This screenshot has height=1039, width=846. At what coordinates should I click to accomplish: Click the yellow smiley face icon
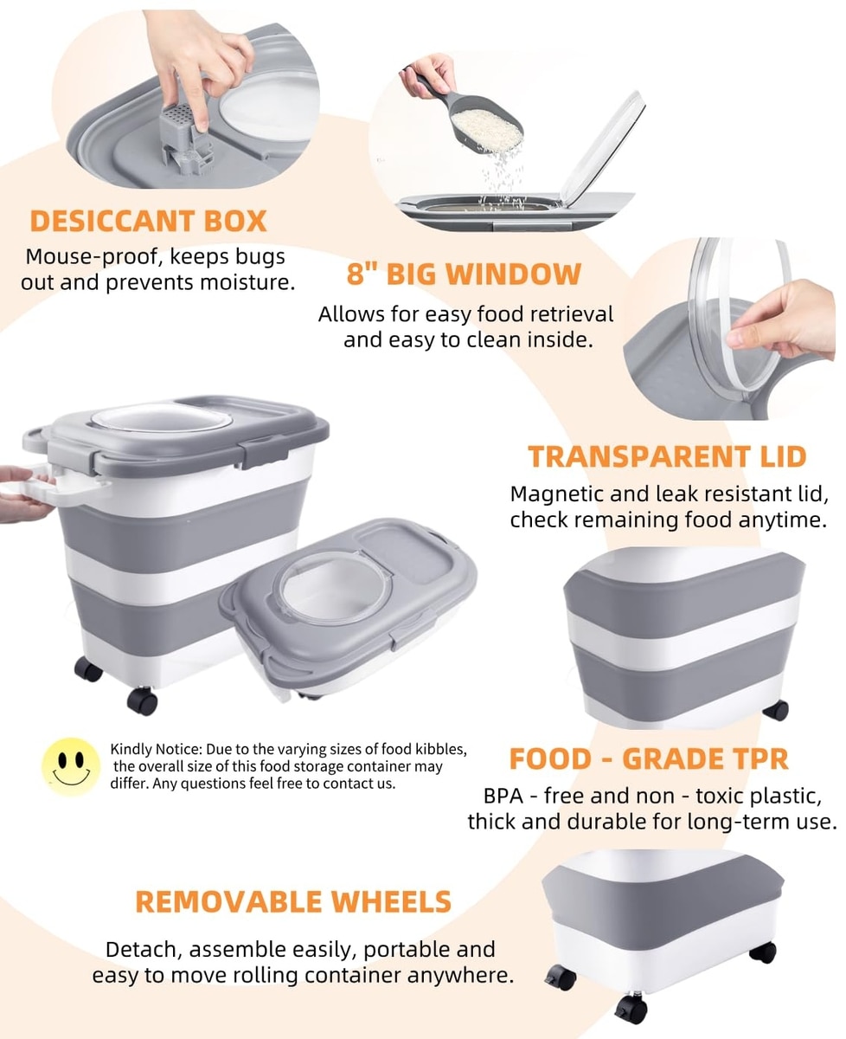pyautogui.click(x=71, y=766)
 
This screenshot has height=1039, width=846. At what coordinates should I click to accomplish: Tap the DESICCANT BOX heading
pyautogui.click(x=148, y=221)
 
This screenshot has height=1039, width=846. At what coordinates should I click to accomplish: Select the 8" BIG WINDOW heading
pyautogui.click(x=464, y=274)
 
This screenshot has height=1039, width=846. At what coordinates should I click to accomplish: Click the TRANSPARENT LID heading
pyautogui.click(x=667, y=456)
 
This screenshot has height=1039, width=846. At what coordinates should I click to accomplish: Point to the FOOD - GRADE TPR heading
pyautogui.click(x=649, y=759)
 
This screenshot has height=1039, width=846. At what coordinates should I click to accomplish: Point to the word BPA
pyautogui.click(x=503, y=797)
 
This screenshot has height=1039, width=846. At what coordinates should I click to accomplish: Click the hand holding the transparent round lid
pyautogui.click(x=782, y=321)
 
